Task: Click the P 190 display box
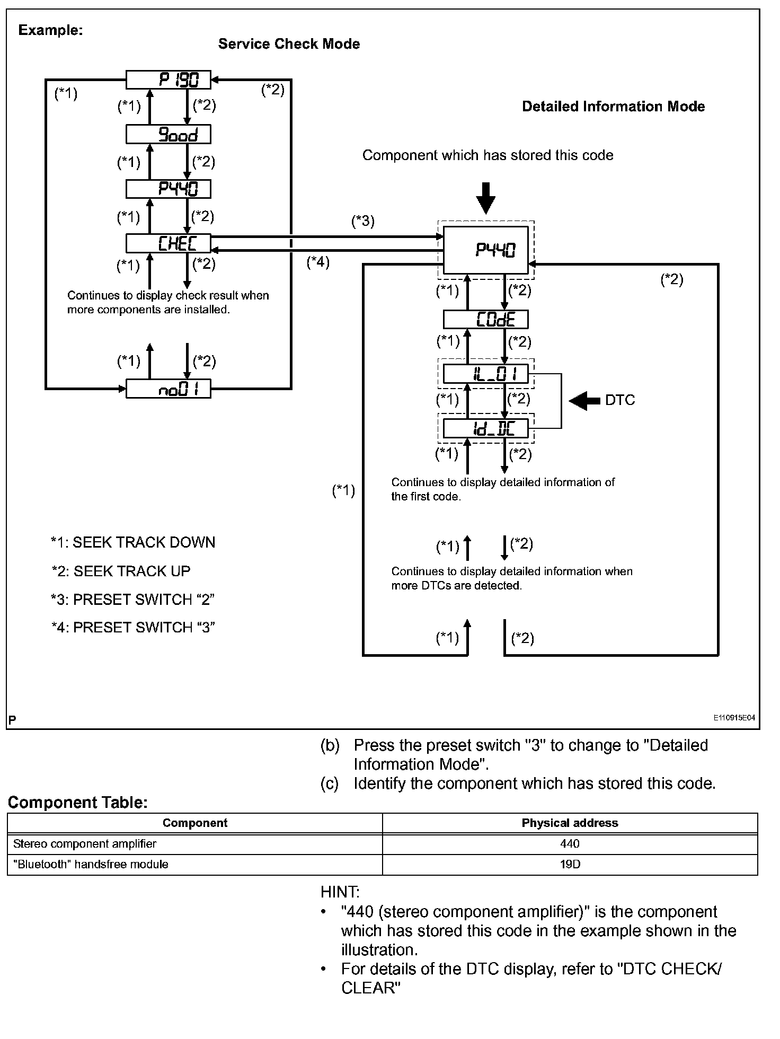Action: point(168,80)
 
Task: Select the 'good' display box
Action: point(168,134)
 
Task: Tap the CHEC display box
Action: point(168,243)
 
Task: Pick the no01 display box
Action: point(168,389)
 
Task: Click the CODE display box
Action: point(485,320)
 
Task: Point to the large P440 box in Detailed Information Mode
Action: point(485,250)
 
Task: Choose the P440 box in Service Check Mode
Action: point(168,189)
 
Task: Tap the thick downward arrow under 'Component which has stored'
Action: point(485,198)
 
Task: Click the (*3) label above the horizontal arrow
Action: point(363,221)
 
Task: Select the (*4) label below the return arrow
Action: point(318,262)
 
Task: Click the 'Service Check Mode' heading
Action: point(289,44)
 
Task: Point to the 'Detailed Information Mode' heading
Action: point(613,107)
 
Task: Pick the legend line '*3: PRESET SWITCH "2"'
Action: point(132,600)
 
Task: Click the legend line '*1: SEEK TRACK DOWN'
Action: point(133,543)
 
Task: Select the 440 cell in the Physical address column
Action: point(570,843)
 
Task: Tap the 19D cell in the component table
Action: point(570,864)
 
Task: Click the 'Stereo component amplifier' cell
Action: point(85,843)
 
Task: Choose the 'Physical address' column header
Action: point(570,823)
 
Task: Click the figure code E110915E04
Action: point(733,718)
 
